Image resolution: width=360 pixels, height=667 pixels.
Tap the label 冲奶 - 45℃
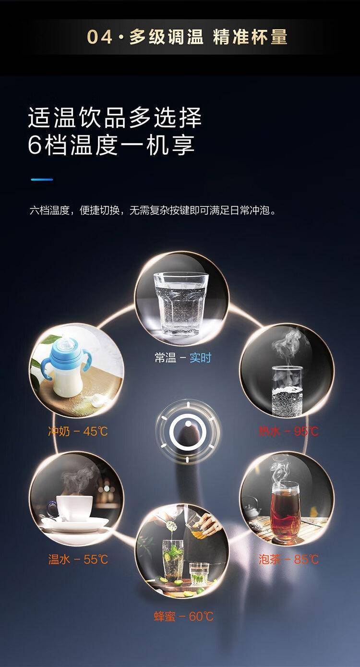(x=78, y=431)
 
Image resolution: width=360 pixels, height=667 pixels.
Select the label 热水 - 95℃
(x=288, y=431)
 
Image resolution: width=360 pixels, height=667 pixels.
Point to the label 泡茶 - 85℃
(x=288, y=559)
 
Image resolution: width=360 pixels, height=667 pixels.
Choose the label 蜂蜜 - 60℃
(x=184, y=616)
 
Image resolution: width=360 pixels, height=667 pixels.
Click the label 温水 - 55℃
(x=78, y=559)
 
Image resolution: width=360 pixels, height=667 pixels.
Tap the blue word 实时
(x=201, y=357)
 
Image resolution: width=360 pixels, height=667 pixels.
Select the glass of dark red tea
(x=285, y=510)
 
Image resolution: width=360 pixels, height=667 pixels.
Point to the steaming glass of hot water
(x=287, y=390)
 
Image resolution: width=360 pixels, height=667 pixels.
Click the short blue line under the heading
(x=42, y=180)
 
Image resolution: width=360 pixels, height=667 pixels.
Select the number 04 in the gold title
(x=100, y=37)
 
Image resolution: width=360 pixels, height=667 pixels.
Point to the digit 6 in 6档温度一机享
(x=35, y=146)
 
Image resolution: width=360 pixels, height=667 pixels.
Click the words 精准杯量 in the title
(x=250, y=36)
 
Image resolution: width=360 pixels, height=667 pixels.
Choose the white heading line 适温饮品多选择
(x=115, y=118)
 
